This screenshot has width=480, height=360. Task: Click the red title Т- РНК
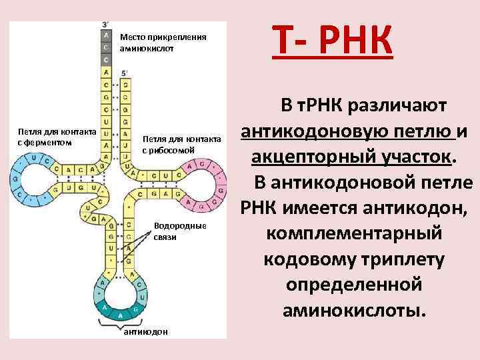tap(331, 40)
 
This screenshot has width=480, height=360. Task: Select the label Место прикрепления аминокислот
tap(163, 43)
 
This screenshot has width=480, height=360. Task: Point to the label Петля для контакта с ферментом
tap(57, 137)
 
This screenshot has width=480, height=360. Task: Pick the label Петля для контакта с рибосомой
tap(181, 144)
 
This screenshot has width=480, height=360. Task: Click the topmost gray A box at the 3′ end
tap(107, 33)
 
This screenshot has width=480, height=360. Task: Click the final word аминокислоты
tap(353, 309)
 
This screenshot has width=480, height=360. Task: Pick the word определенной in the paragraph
tap(353, 285)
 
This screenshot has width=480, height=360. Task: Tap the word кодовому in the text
tap(312, 259)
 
